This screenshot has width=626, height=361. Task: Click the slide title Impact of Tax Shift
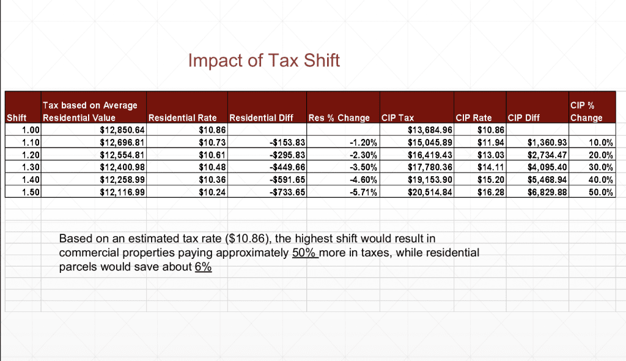point(263,61)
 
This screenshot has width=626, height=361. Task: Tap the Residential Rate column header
point(183,117)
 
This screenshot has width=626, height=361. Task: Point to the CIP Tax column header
point(397,117)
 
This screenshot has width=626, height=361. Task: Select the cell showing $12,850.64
point(123,130)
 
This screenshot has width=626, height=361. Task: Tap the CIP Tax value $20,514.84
point(430,192)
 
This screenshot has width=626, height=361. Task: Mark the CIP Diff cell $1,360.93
point(548,143)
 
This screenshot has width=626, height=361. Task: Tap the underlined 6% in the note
point(203,267)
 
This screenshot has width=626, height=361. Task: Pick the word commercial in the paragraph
point(87,252)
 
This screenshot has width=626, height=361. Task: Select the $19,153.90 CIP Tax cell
point(430,180)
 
